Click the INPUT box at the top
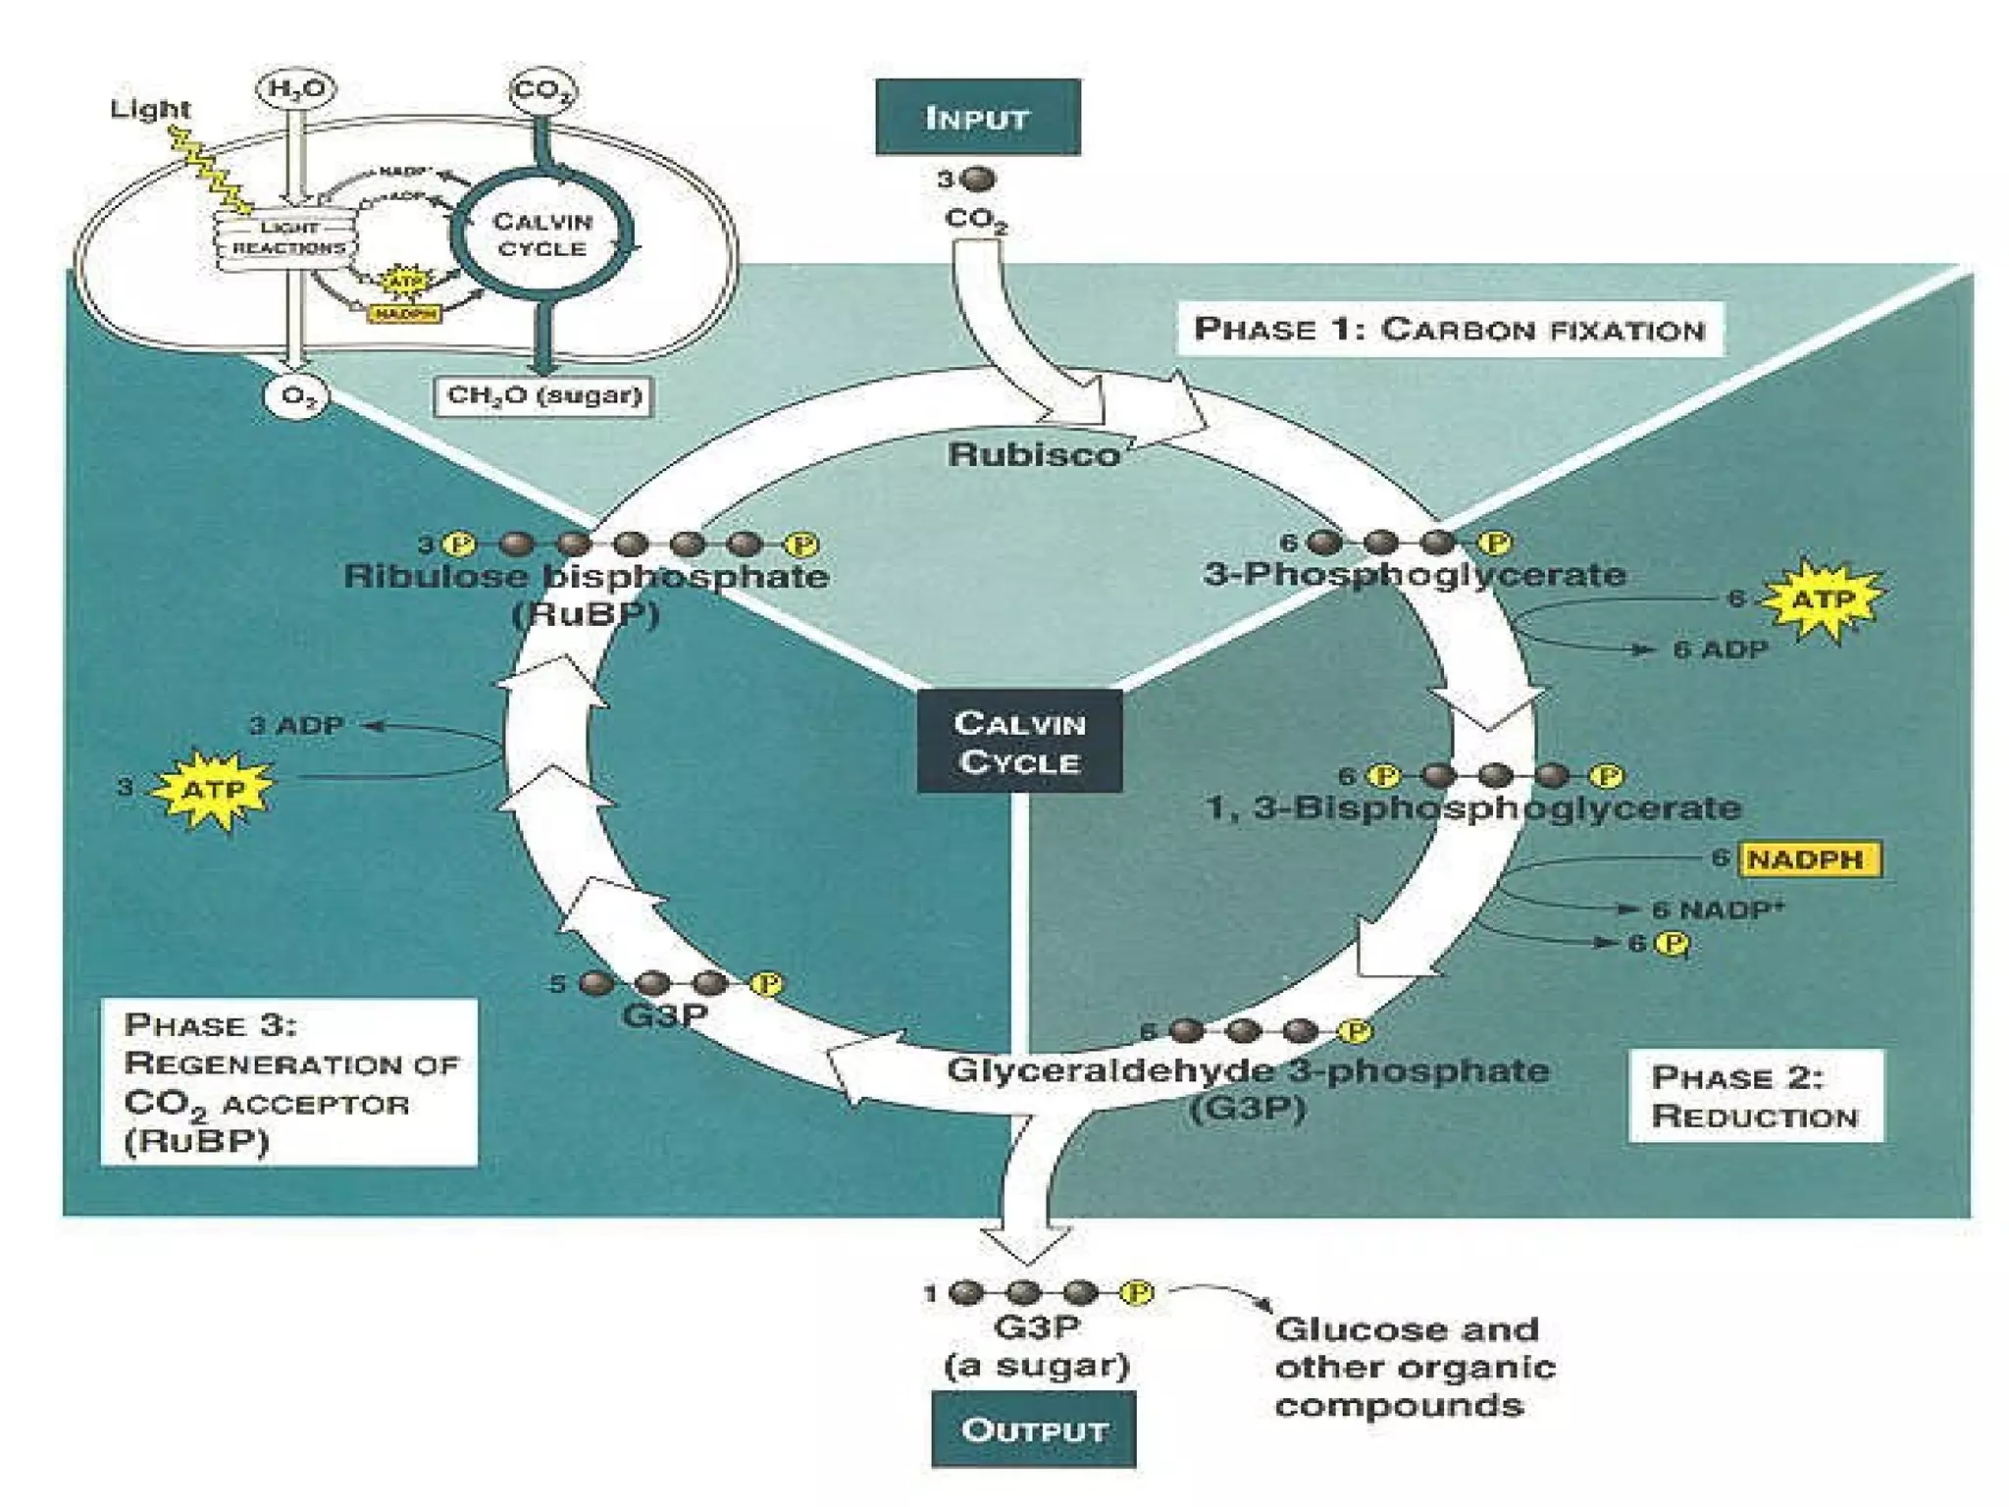point(977,118)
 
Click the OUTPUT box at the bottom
point(1033,1429)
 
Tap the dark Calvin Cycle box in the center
point(1019,742)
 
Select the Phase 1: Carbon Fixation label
point(1449,329)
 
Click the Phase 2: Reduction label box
point(1755,1096)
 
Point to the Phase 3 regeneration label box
point(288,1082)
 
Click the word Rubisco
point(1033,454)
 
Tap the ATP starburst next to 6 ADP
point(1823,598)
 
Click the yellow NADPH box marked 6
point(1809,859)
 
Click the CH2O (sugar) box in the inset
point(543,395)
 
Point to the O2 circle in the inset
point(295,397)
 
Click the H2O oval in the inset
point(295,90)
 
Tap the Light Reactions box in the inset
point(287,238)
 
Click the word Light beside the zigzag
point(150,109)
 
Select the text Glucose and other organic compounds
point(1414,1367)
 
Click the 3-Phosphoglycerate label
point(1414,574)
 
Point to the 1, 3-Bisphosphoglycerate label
point(1472,807)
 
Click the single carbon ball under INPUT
point(977,179)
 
